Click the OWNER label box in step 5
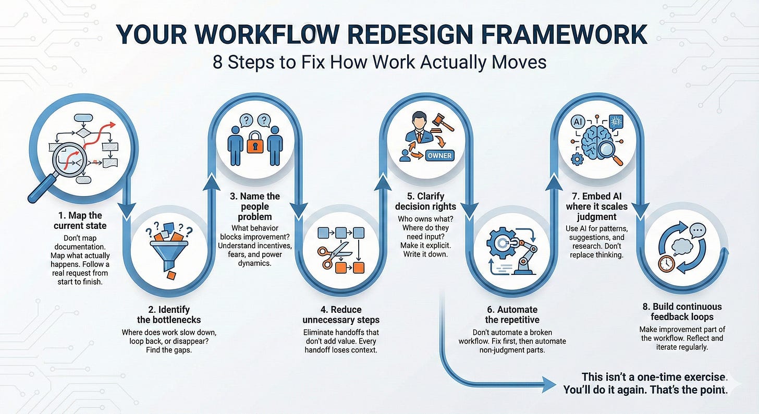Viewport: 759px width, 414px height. [439, 155]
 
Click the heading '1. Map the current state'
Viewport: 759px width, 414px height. [80, 220]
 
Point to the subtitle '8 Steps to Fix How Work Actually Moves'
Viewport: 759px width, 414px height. [379, 62]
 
